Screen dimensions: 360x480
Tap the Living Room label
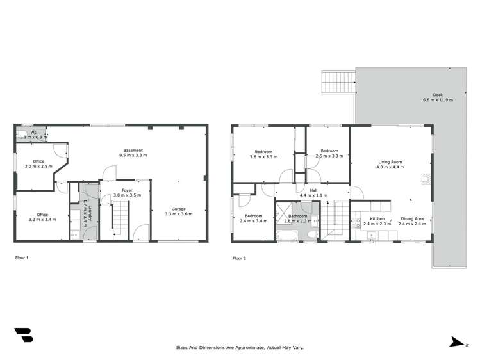coord(389,162)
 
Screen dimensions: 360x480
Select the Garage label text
coord(180,209)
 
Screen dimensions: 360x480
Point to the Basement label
coord(133,151)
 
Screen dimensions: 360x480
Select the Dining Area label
coord(411,218)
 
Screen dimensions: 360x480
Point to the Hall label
coord(314,190)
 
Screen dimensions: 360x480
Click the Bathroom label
coord(298,216)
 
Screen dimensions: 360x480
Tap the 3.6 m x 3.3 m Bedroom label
coord(263,152)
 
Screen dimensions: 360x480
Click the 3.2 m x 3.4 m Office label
coord(42,215)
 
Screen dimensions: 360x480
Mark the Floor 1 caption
coord(22,258)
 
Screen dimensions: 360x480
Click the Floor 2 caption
coord(239,258)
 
